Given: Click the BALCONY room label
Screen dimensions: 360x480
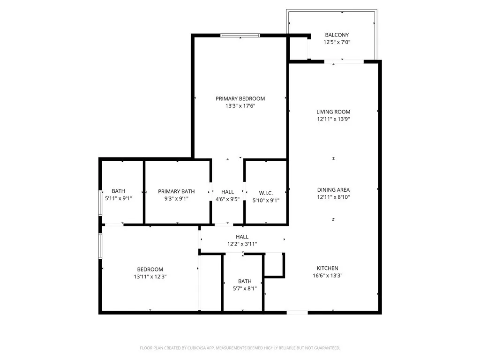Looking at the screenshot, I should (x=337, y=35).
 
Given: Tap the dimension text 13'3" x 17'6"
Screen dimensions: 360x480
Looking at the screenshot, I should (x=240, y=106).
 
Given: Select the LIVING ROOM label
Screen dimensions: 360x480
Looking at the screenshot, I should (x=333, y=112).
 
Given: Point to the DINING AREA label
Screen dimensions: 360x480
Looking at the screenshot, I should (x=333, y=190).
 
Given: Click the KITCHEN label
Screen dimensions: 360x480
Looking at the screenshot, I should (x=327, y=268).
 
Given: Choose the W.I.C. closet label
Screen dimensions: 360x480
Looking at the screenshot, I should (x=266, y=193).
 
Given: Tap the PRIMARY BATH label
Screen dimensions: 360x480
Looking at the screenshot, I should (x=176, y=191).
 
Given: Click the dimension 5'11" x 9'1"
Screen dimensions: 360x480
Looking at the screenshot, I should (x=118, y=198).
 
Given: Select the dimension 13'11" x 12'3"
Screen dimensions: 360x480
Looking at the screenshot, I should (x=150, y=277).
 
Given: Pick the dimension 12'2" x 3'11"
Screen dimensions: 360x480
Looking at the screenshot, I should (x=242, y=244).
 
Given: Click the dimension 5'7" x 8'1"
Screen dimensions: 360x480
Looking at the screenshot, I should (x=245, y=289).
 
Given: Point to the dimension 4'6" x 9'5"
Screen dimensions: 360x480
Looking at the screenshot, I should (x=228, y=199).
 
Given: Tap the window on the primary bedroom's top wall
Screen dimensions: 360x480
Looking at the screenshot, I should (x=240, y=35).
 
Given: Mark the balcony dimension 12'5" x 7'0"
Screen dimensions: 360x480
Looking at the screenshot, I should (x=337, y=42).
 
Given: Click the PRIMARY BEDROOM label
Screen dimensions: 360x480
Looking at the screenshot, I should (x=240, y=98).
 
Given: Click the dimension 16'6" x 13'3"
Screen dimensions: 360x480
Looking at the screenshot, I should (x=327, y=276).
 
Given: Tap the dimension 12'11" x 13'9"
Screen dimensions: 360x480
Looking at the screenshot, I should (x=333, y=119).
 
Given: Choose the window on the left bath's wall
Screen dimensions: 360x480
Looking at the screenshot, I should (x=100, y=202).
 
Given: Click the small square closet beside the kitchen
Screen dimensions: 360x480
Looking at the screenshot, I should (x=274, y=265).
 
